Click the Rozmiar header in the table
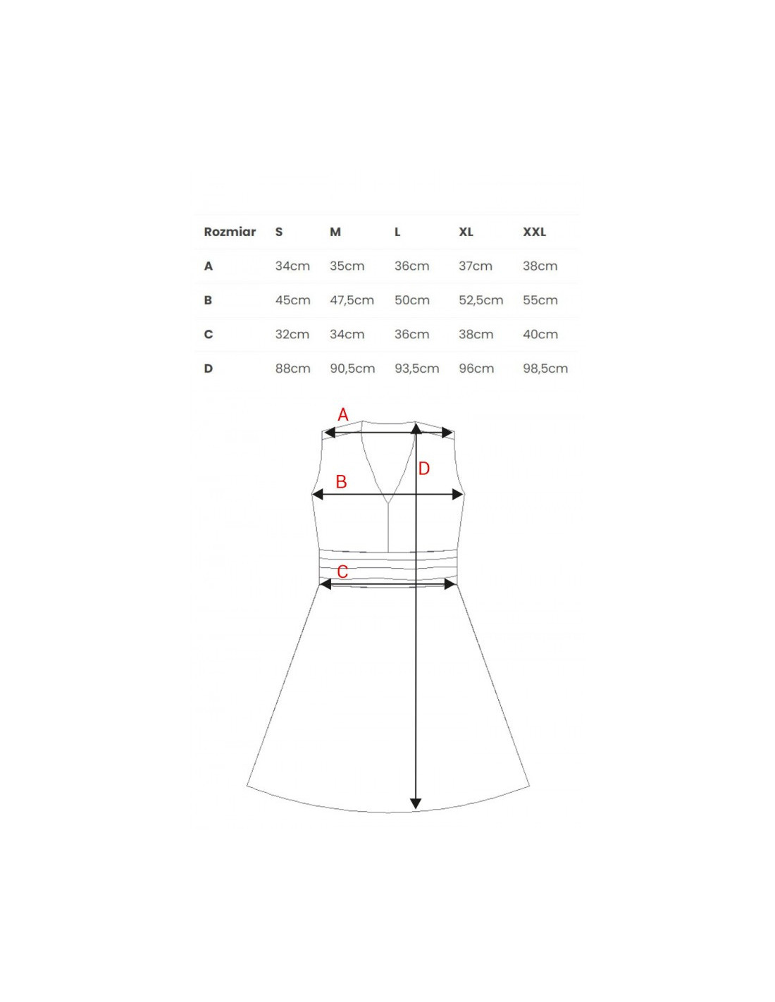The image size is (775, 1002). pyautogui.click(x=230, y=232)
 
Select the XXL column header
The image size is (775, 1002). pyautogui.click(x=534, y=232)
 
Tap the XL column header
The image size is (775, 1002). pyautogui.click(x=466, y=232)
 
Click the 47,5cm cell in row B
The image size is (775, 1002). pyautogui.click(x=352, y=301)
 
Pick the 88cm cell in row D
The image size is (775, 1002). pyautogui.click(x=293, y=369)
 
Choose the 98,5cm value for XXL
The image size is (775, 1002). pyautogui.click(x=545, y=369)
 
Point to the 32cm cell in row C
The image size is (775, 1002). pyautogui.click(x=292, y=335)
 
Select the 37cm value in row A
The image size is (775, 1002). pyautogui.click(x=476, y=266)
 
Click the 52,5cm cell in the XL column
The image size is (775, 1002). pyautogui.click(x=481, y=301)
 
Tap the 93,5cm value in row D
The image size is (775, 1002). pyautogui.click(x=417, y=369)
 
